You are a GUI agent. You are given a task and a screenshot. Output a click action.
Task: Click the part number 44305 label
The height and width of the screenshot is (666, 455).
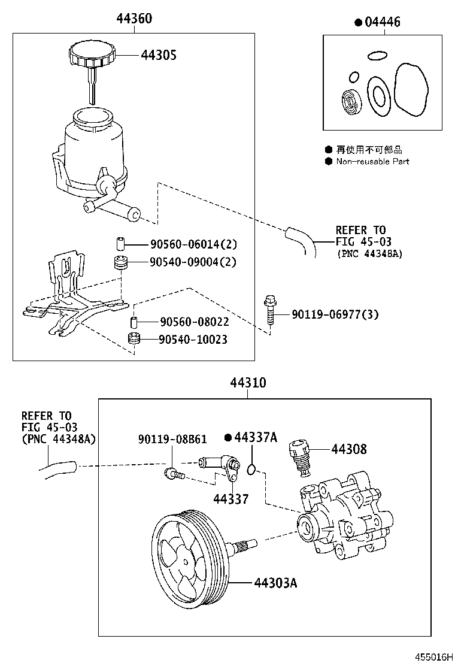point(159,55)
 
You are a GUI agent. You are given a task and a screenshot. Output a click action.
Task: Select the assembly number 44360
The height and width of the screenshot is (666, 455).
point(134,19)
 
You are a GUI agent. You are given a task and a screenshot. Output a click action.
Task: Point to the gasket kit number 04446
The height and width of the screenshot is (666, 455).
point(381,22)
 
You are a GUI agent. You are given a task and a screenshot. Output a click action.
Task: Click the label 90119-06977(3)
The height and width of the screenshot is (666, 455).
point(335,314)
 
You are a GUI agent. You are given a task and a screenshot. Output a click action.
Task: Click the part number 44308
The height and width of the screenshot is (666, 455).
point(350,449)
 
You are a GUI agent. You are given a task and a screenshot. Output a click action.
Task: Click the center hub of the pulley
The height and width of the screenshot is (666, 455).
point(187,562)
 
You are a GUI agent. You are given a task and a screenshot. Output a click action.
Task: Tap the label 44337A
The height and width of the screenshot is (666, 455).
point(255,437)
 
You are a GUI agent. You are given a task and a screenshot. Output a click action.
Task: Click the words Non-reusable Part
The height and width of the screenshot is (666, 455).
point(372,161)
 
